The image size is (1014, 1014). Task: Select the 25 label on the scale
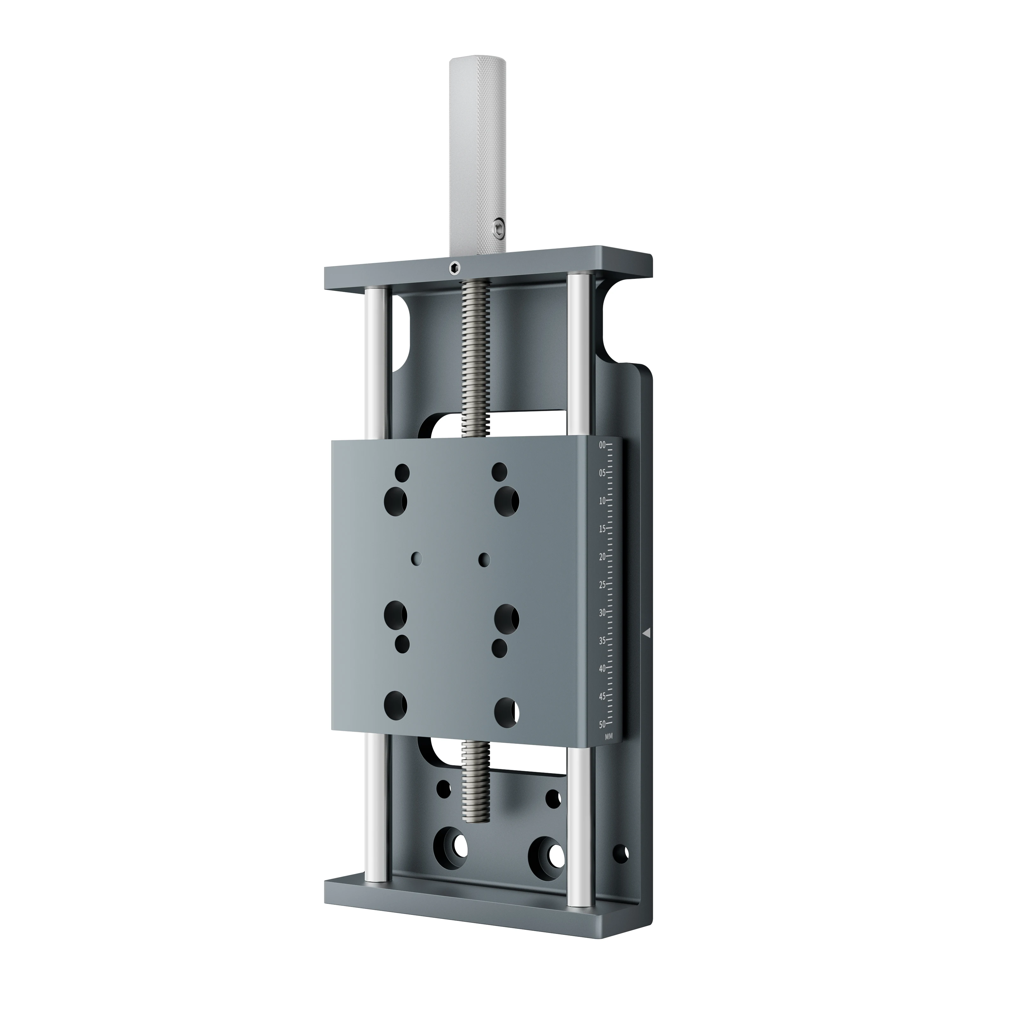[x=602, y=584]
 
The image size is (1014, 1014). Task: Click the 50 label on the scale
[x=602, y=724]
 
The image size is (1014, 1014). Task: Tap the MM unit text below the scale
[x=608, y=736]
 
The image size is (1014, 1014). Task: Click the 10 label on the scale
[x=602, y=501]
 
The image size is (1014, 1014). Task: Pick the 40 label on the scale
[x=602, y=668]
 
